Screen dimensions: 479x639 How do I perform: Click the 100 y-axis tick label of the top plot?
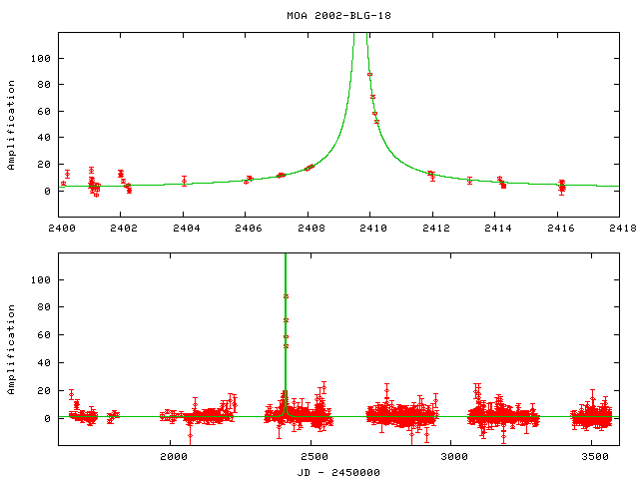click(41, 58)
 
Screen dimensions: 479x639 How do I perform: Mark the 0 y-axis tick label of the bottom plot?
click(47, 418)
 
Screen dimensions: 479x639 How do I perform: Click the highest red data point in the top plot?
click(369, 74)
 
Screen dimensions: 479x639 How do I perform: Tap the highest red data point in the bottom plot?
click(286, 296)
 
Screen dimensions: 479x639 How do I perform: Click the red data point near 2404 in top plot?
click(185, 181)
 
